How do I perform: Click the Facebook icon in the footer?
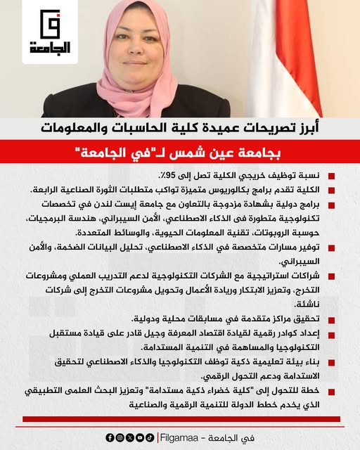coord(110,437)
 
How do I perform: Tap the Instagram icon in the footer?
coord(120,437)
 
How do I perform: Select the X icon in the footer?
coord(129,437)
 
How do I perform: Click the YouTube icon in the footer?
coord(139,437)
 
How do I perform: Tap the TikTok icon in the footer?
coord(149,437)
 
